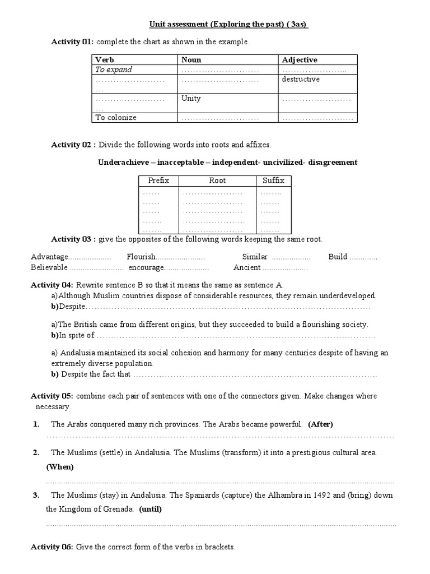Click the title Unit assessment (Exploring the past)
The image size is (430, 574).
[x=228, y=24]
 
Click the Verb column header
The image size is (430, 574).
[x=104, y=60]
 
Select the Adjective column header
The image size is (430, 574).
[x=300, y=60]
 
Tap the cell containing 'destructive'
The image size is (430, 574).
[x=301, y=80]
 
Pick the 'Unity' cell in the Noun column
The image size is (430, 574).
[x=191, y=99]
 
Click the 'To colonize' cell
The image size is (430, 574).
[x=116, y=118]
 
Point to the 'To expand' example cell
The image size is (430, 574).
[x=114, y=70]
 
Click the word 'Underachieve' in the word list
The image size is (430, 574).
[x=123, y=163]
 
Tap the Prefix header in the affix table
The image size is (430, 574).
[x=158, y=180]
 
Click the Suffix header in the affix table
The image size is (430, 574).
[x=273, y=180]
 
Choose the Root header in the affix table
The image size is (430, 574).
[x=217, y=180]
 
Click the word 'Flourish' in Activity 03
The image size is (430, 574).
[x=140, y=257]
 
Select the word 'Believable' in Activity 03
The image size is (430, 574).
[x=50, y=267]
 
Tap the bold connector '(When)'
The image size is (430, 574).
[x=60, y=467]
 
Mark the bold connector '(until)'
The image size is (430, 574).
[x=152, y=510]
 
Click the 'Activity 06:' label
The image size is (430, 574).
[x=52, y=547]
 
